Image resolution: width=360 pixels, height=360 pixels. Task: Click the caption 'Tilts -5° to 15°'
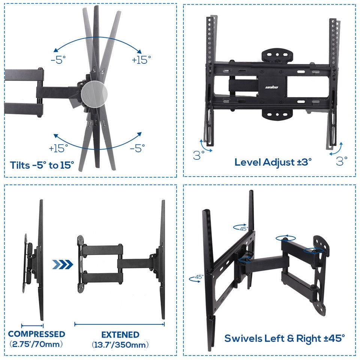coord(42,165)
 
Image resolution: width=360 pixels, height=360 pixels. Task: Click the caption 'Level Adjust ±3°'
coord(273,162)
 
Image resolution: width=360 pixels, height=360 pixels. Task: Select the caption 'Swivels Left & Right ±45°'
coord(284,338)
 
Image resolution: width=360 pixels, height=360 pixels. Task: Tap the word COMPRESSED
coord(37,334)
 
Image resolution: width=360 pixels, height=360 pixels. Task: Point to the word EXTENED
coord(120,334)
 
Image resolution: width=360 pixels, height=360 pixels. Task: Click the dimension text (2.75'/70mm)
coord(37,344)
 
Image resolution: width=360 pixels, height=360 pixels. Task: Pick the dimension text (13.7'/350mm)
coord(120,344)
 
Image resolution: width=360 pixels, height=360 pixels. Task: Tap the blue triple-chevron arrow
coord(63,264)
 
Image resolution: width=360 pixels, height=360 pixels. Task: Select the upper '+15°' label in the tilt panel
coord(141,60)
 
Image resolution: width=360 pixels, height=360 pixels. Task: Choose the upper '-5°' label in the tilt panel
coord(58,60)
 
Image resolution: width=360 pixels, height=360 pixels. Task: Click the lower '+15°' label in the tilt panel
coord(58,148)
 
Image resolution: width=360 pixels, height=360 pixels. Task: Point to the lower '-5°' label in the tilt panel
coord(137,148)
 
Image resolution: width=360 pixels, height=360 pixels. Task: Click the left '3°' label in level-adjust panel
coord(199,155)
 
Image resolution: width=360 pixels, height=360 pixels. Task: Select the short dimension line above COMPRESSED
coord(33,326)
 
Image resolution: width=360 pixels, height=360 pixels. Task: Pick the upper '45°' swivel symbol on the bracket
coord(241,227)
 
